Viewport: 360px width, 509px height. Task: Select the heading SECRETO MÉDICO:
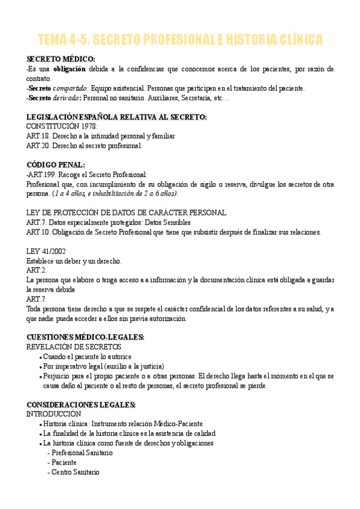coord(61,59)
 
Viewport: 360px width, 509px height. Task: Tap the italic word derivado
coord(67,97)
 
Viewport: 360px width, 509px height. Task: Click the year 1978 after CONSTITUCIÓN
coord(88,127)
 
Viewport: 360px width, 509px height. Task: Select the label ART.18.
coord(38,136)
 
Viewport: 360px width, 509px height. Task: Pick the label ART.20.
coord(38,145)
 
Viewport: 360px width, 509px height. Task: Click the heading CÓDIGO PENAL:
coord(56,164)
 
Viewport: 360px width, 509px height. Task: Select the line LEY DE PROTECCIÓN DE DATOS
coord(127,212)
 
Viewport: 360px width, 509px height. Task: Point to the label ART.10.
coord(38,232)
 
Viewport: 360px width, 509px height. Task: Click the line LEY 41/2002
coord(46,251)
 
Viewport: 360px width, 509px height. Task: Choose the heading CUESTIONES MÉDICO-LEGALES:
coord(85,337)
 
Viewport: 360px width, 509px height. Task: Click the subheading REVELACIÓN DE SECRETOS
coord(74,347)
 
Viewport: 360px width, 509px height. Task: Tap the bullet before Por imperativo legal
coord(40,367)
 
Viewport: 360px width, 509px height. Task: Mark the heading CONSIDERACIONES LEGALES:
coord(81,405)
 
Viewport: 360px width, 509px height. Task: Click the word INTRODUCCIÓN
coord(53,414)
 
